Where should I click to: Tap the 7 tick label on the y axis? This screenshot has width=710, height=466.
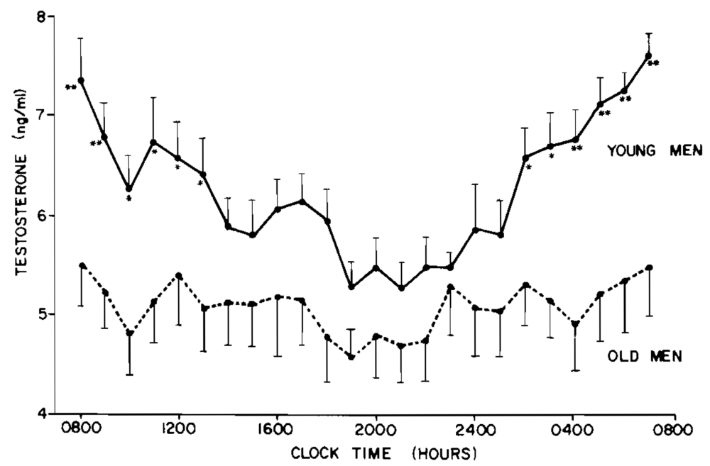[42, 115]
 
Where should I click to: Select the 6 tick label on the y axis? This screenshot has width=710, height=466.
[42, 214]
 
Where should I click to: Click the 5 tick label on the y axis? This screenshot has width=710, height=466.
[42, 314]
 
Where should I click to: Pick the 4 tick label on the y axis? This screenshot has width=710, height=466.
[42, 413]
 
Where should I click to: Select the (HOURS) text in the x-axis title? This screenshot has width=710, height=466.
[436, 451]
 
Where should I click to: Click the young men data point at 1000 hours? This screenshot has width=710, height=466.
[129, 189]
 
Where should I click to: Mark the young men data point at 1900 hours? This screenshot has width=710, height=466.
[351, 287]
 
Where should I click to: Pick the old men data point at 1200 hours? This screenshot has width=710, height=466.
[179, 276]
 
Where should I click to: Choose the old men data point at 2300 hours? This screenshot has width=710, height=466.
[450, 287]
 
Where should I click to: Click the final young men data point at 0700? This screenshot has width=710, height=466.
[648, 55]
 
